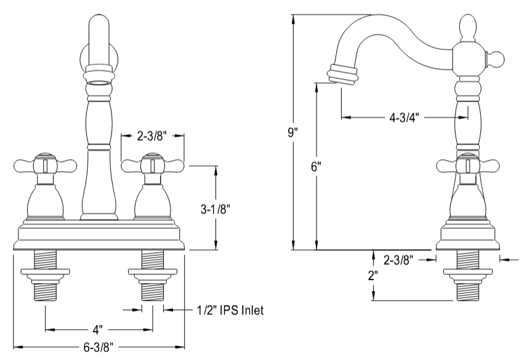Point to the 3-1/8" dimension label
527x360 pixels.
click(215, 209)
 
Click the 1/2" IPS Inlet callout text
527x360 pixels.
click(230, 311)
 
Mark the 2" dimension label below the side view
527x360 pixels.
click(373, 276)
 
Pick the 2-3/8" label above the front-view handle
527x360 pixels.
click(153, 137)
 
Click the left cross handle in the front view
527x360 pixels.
click(45, 165)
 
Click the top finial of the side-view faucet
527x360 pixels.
click(467, 28)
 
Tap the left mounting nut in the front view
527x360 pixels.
click(45, 272)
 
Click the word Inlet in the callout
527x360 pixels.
click(252, 311)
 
